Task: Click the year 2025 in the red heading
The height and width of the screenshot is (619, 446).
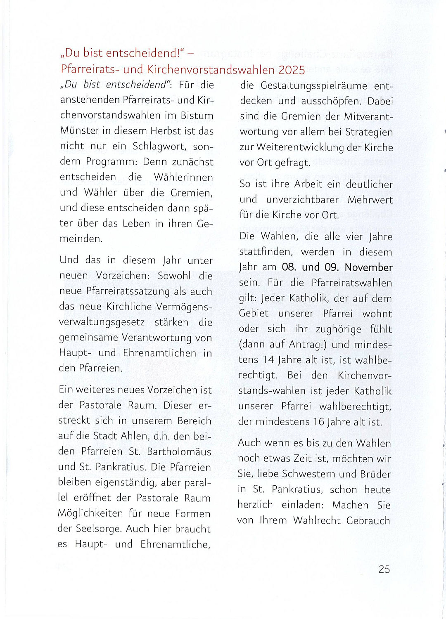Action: click(x=292, y=70)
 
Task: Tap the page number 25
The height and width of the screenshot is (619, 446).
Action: click(x=384, y=569)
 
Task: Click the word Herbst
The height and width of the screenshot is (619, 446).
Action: click(x=166, y=131)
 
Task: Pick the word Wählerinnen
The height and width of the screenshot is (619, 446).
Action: click(x=183, y=177)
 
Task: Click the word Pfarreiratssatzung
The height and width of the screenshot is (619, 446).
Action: click(x=128, y=291)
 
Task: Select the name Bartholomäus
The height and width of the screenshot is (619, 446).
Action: click(x=179, y=451)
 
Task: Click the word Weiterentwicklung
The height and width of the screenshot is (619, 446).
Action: click(x=300, y=147)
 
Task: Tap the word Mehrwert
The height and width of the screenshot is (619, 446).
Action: click(x=370, y=200)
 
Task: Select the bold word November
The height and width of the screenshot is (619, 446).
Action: click(x=368, y=267)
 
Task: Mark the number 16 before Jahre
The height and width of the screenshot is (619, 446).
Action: click(x=318, y=422)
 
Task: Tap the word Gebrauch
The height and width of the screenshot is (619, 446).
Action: click(x=368, y=520)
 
